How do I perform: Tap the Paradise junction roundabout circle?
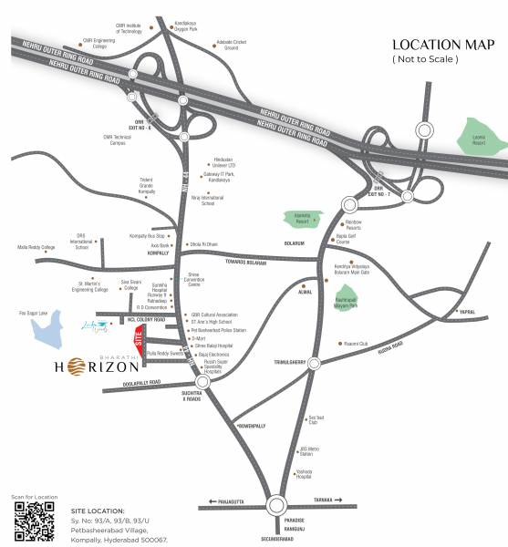280,504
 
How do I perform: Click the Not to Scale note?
425,59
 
